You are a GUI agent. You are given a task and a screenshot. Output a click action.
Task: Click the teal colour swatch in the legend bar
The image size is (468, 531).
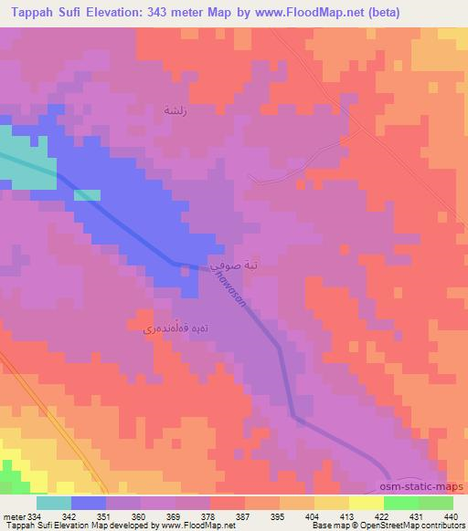coord(54,503)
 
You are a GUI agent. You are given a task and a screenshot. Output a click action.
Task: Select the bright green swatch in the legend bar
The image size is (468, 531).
coord(400,503)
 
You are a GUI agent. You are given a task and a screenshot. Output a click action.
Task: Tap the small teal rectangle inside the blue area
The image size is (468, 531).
coord(87,195)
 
